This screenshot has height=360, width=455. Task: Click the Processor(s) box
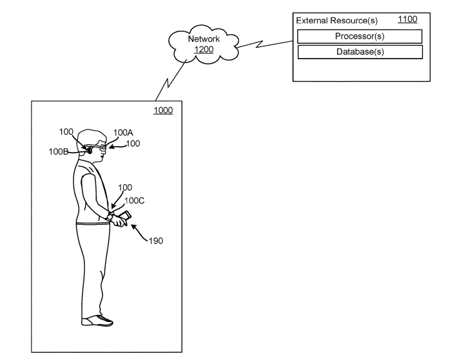click(x=360, y=35)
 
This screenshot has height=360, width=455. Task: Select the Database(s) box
click(x=360, y=52)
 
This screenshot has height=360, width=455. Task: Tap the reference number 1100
click(x=407, y=20)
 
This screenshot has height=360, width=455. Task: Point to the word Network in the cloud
click(x=204, y=39)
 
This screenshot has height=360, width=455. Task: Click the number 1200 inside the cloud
click(x=204, y=49)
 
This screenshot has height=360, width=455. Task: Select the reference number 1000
click(x=162, y=111)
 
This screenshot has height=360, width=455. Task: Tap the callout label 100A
click(x=123, y=133)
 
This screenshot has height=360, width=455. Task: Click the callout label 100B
click(x=59, y=152)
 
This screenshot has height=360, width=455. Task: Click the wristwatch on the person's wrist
click(x=111, y=217)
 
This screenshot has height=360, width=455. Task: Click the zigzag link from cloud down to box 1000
click(x=168, y=82)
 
